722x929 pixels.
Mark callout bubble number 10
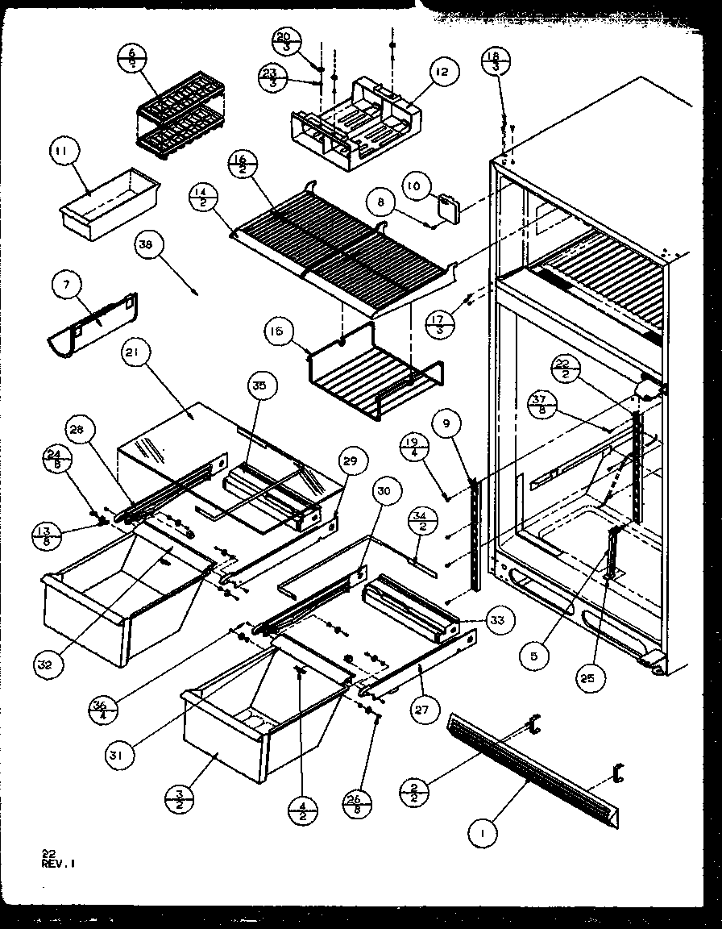point(413,187)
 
